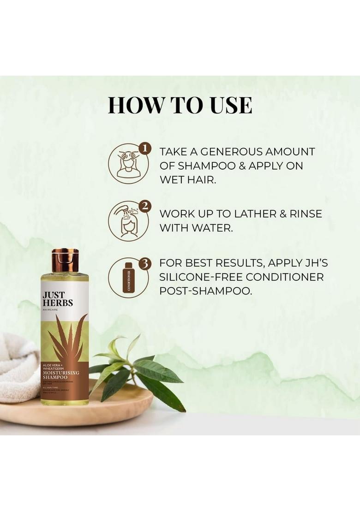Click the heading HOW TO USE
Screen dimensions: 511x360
point(180,105)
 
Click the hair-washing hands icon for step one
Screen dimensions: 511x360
point(129,164)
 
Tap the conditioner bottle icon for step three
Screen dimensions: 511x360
point(128,278)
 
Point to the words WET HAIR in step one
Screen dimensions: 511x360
point(187,179)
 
